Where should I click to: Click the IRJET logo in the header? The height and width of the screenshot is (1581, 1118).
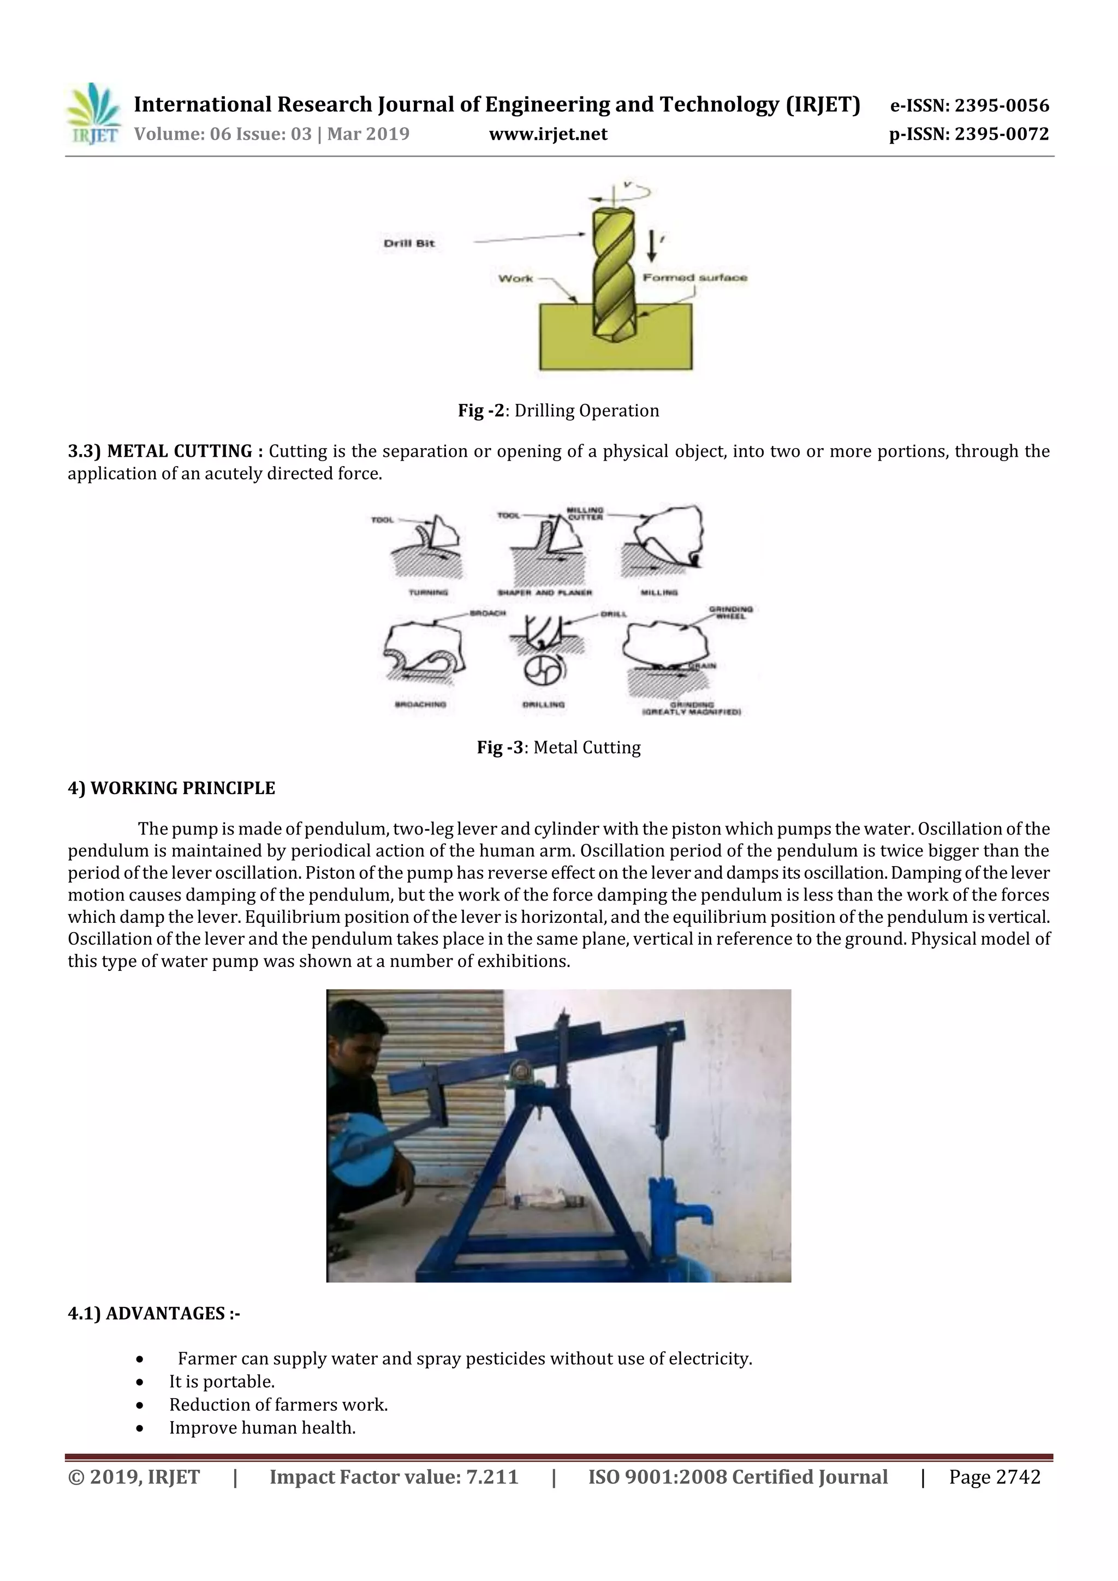(x=93, y=114)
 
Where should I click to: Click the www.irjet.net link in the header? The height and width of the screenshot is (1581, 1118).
(x=548, y=134)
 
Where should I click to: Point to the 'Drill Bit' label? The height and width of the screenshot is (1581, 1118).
(x=409, y=243)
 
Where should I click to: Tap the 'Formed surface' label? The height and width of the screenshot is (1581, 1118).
(x=694, y=277)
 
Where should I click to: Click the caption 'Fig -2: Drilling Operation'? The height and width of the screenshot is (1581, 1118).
(x=558, y=410)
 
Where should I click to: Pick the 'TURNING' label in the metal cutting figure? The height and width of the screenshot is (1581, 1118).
(x=428, y=592)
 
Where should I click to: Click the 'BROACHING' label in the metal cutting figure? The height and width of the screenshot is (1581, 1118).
(x=420, y=705)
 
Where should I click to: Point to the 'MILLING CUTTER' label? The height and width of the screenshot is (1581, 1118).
(x=584, y=513)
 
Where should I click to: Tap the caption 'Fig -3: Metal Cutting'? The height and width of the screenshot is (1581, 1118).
(x=558, y=747)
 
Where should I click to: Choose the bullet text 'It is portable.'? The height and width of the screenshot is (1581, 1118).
(x=222, y=1381)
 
